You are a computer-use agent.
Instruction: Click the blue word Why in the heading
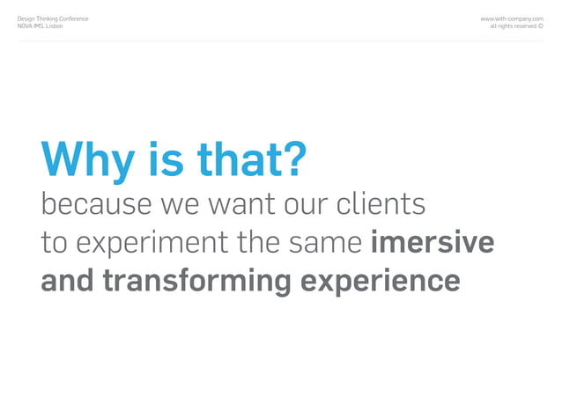[87, 160]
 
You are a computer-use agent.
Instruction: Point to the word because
[96, 204]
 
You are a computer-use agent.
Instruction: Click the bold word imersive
[433, 242]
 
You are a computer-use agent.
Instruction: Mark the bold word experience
[380, 282]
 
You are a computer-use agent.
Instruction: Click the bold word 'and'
[68, 281]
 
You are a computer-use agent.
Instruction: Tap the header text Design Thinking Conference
[53, 18]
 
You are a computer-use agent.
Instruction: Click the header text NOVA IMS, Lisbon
[41, 26]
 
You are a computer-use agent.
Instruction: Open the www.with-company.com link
[511, 18]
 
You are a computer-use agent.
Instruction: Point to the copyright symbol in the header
[540, 26]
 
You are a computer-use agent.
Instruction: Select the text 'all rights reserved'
[512, 26]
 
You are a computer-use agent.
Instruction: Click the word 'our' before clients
[304, 206]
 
